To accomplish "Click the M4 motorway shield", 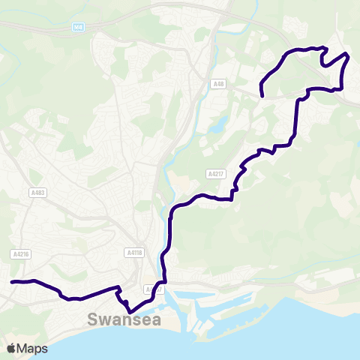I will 79,26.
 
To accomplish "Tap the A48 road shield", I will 218,84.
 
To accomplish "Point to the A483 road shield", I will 38,193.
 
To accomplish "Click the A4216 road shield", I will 21,254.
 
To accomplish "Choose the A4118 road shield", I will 134,253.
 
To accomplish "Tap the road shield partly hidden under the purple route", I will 153,289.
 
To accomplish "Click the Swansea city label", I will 124,319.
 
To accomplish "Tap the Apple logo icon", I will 11,348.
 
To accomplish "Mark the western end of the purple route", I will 12,282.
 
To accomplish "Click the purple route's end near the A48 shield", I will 262,95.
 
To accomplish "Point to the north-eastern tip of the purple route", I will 347,55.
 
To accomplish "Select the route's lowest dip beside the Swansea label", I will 129,311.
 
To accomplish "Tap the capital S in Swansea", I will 93,319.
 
